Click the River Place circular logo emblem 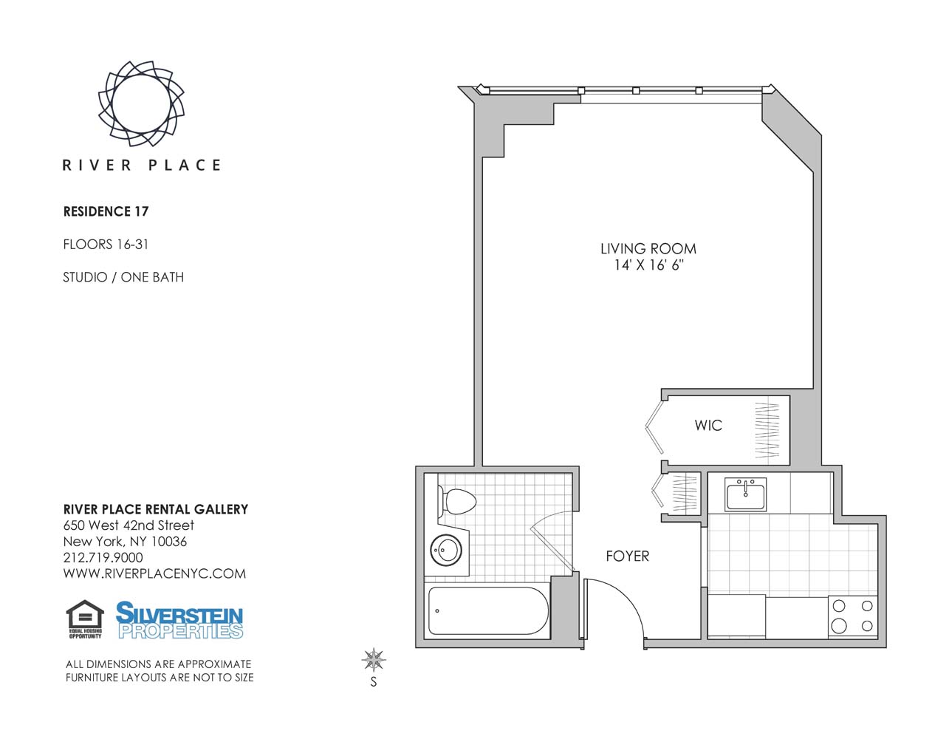141,103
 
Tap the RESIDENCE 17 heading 106,211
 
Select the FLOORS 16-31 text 106,244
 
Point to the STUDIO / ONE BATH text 123,277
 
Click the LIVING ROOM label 648,249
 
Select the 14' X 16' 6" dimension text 648,265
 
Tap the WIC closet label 708,426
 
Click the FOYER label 627,556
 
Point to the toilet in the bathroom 457,502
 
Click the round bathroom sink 446,550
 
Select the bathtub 487,611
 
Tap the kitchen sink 745,494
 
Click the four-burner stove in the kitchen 852,616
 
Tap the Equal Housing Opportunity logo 85,619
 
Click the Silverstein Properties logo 179,620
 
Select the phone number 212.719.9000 103,558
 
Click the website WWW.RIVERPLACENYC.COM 154,574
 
